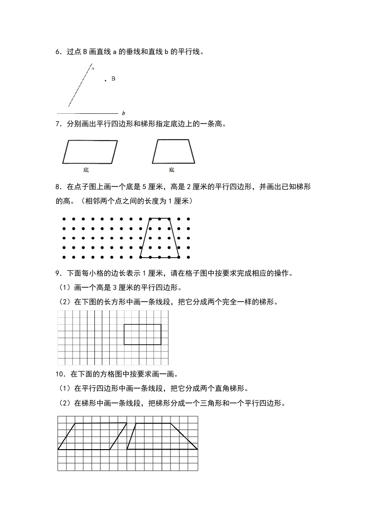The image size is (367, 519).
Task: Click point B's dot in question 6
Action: [x=106, y=80]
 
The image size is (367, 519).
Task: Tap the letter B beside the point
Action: [x=113, y=79]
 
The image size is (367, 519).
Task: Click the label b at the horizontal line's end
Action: [x=124, y=113]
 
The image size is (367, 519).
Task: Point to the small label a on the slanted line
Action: [x=93, y=68]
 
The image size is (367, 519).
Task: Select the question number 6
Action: [x=57, y=52]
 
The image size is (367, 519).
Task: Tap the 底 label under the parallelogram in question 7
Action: [x=86, y=170]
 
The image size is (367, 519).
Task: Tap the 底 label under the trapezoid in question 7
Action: [x=172, y=170]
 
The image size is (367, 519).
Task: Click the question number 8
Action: [x=57, y=187]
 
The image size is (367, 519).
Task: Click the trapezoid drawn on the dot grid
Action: [x=160, y=238]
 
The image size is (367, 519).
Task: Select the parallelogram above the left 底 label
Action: [x=90, y=152]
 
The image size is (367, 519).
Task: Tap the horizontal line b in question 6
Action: [x=88, y=113]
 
